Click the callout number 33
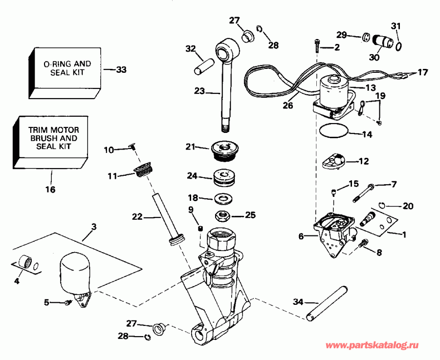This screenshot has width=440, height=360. coord(121,70)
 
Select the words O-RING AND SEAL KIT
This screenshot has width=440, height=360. coord(67,68)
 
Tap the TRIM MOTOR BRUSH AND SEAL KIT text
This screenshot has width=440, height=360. coord(54,138)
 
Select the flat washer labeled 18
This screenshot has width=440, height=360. coord(223,198)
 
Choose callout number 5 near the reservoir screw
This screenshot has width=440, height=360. coord(46,302)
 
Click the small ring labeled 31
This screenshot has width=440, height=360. coord(399,46)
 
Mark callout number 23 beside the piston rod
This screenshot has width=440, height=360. coord(199,90)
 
